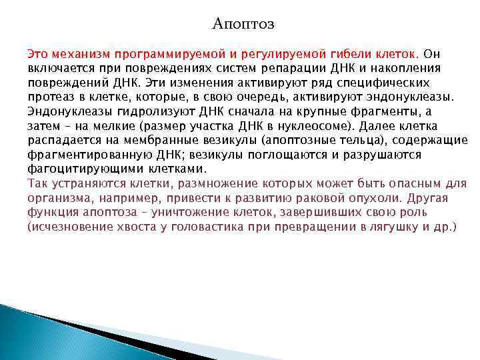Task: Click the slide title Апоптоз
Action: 243,24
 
